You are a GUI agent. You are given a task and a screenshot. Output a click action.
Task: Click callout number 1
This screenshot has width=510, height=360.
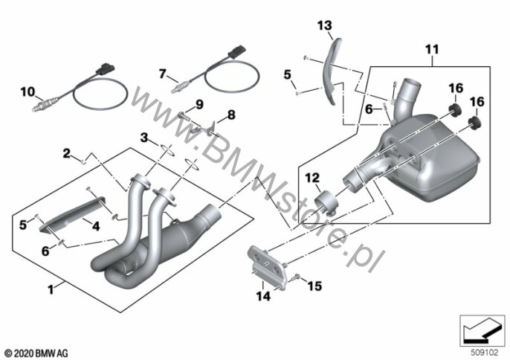pos(51,288)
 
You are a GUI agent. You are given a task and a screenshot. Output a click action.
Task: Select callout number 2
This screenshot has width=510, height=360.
pos(66,153)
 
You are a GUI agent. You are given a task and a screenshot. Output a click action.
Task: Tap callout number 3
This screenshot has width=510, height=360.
pos(144,137)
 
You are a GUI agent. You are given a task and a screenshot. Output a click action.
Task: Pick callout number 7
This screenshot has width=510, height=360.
pos(164,74)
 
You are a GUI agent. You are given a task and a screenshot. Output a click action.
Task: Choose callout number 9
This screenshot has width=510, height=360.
pos(199,103)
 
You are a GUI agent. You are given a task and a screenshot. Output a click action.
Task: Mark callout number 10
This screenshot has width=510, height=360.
pos(27,92)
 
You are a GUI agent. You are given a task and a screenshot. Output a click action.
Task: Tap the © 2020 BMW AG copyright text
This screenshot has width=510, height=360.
pos(36,350)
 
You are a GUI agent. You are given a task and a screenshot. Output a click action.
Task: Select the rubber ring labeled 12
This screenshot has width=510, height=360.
pos(326,205)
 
